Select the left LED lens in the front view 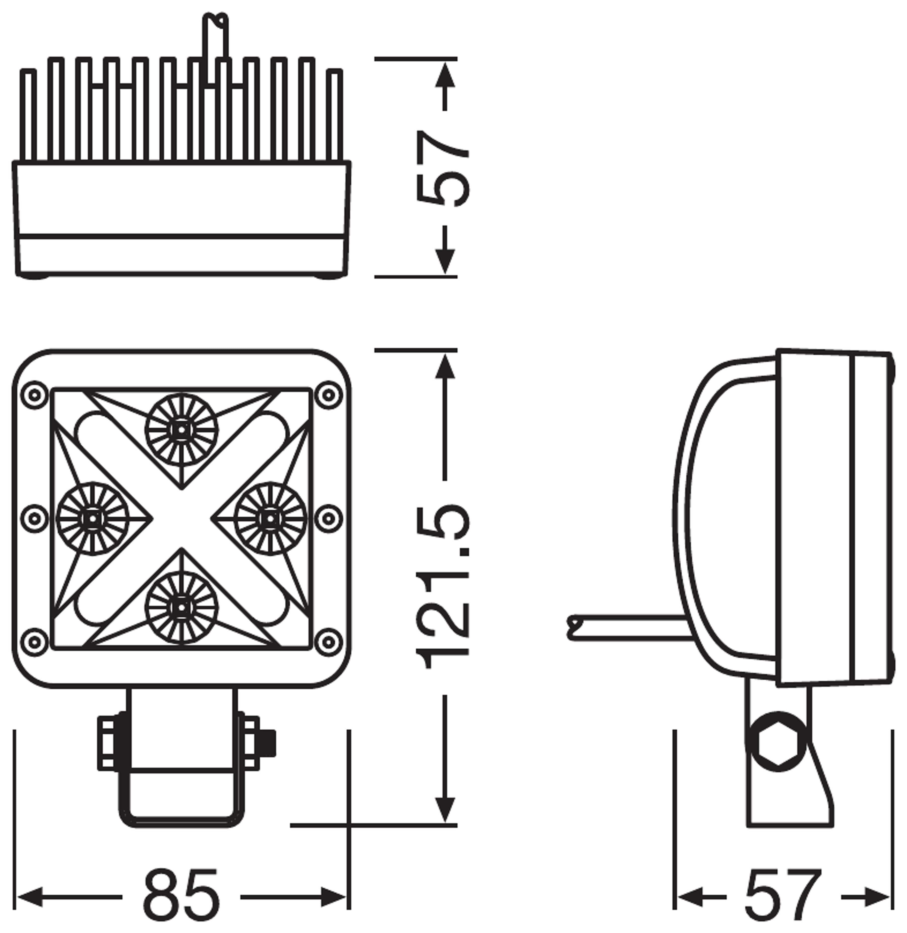coord(92,519)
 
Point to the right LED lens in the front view coord(270,519)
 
